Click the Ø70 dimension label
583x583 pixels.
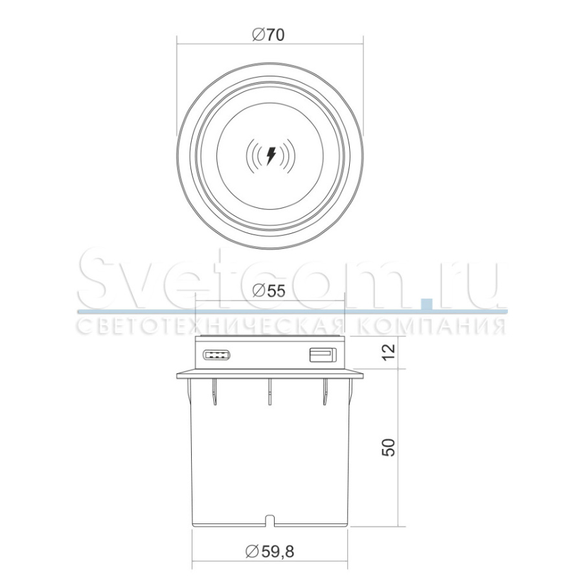268,35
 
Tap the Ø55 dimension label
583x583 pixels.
268,291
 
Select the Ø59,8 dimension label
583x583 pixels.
270,551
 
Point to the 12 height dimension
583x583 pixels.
389,352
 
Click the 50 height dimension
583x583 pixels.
389,447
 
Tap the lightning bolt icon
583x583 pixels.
271,155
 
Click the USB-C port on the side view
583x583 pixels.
216,355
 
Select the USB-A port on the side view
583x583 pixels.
323,355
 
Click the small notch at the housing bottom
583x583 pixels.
270,520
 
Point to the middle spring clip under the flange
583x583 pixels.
270,391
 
